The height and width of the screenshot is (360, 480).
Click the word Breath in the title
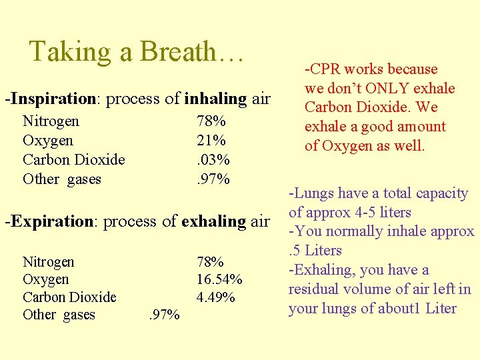tap(179, 52)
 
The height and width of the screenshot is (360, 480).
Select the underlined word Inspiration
tap(54, 99)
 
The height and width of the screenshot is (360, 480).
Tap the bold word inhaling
tap(215, 99)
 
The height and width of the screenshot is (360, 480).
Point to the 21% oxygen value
tap(211, 141)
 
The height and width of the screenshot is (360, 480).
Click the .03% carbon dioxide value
tap(213, 160)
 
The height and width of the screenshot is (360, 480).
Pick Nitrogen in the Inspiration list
tap(51, 121)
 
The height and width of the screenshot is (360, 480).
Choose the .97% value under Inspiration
tap(213, 179)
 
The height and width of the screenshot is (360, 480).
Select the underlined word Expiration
tap(51, 221)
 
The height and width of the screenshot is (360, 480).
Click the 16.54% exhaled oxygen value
tap(219, 279)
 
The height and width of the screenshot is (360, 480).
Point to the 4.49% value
tap(215, 297)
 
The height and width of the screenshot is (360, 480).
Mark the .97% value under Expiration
tap(163, 315)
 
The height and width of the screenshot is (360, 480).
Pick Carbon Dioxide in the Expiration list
tap(69, 297)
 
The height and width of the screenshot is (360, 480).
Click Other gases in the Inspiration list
tap(62, 179)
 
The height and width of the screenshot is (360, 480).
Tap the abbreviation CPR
tap(326, 69)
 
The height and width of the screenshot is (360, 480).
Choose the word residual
tap(313, 290)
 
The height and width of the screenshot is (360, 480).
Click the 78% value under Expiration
tap(211, 262)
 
